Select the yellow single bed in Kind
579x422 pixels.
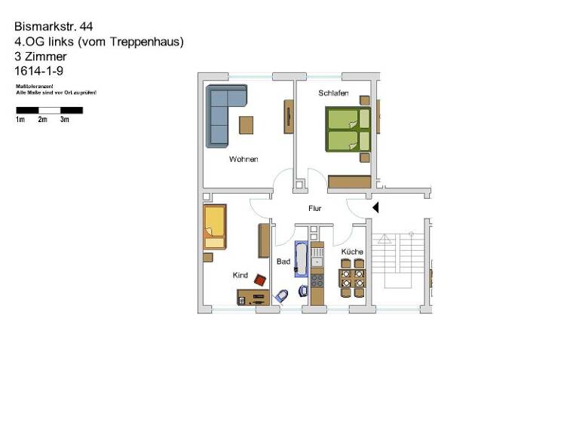214,226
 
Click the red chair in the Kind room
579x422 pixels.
261,280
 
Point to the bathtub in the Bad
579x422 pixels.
301,258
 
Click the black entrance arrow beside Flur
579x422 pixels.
375,206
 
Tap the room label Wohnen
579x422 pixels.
244,160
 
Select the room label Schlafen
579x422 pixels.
332,93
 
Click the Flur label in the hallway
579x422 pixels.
315,209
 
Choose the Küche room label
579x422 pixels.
352,252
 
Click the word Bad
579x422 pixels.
283,261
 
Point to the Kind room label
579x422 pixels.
240,276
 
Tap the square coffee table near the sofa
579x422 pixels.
247,124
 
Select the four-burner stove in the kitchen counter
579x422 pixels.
317,280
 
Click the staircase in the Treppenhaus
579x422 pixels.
398,260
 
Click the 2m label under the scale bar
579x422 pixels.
43,120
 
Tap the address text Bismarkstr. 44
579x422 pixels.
54,26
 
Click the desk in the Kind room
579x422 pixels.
253,297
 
